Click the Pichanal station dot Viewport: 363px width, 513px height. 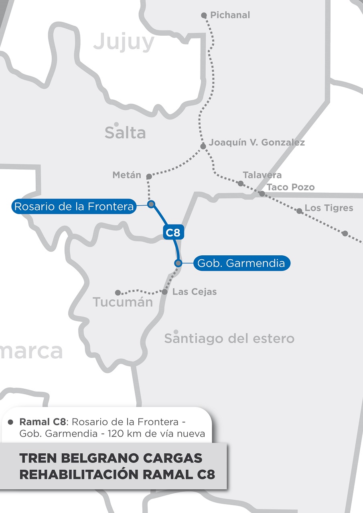click(204, 15)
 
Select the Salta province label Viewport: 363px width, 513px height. click(125, 133)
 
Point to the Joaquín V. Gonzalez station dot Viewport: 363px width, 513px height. click(203, 146)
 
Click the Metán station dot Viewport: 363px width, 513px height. click(149, 176)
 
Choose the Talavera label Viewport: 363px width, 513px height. click(262, 175)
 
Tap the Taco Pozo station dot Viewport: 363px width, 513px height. click(262, 194)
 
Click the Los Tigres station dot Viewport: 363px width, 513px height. click(299, 211)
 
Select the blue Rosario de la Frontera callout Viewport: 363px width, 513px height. click(74, 207)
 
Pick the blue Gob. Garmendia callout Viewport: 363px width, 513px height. click(241, 263)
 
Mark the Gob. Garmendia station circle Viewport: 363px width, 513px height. click(178, 263)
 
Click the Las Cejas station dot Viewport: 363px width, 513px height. click(164, 292)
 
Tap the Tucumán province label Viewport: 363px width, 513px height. click(123, 302)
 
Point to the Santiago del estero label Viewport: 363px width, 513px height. click(229, 339)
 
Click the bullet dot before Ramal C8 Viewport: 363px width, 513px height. click(11, 422)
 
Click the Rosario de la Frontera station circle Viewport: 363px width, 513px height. click(151, 204)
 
